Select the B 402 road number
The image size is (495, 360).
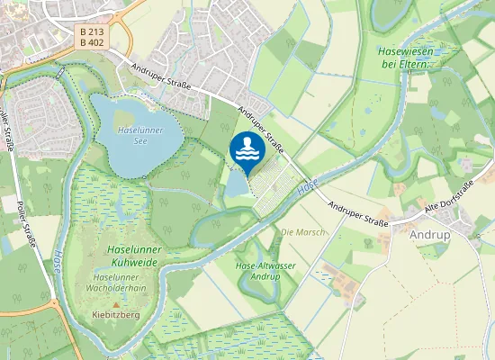[x=89, y=41]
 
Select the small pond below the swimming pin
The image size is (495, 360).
[x=235, y=187]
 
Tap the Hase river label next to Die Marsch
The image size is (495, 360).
[x=308, y=186]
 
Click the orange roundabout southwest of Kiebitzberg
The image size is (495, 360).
[x=55, y=304]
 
